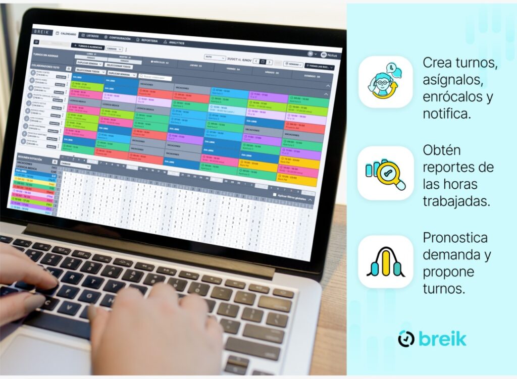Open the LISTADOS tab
pos(91,36)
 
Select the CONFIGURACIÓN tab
pos(119,38)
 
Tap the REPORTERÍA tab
pos(148,40)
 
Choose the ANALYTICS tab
pos(175,43)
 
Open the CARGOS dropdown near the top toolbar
pos(114,49)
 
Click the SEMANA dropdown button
pos(293,65)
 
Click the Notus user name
pos(332,55)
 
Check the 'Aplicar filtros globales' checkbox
pos(274,194)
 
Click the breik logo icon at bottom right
pos(406,339)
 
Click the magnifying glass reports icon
pos(386,173)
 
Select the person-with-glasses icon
pos(385,82)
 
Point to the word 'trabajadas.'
pos(456,201)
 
